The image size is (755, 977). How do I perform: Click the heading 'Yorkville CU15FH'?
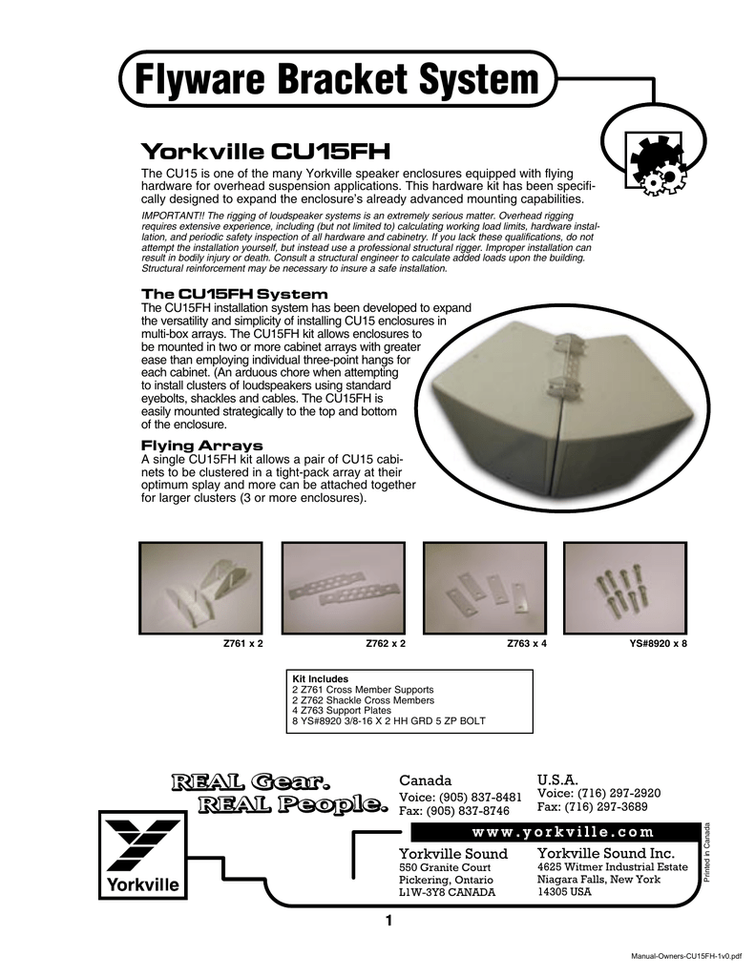click(265, 152)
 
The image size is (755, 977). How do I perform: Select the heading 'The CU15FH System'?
click(235, 294)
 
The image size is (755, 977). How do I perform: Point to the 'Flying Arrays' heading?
click(202, 446)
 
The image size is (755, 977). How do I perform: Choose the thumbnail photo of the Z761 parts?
click(200, 588)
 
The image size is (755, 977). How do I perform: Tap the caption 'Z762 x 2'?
click(386, 644)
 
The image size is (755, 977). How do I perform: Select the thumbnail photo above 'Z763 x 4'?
click(485, 588)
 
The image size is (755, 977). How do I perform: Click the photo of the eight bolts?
click(625, 588)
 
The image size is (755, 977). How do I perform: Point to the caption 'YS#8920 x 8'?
click(658, 644)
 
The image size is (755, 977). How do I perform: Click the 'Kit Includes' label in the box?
click(321, 679)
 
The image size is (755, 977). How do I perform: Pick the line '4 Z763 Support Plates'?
click(342, 710)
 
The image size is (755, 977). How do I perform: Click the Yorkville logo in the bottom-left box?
click(143, 855)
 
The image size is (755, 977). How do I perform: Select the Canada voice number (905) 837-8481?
click(481, 798)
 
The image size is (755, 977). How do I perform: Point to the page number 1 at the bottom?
click(389, 921)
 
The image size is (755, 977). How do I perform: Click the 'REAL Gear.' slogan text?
click(251, 782)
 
